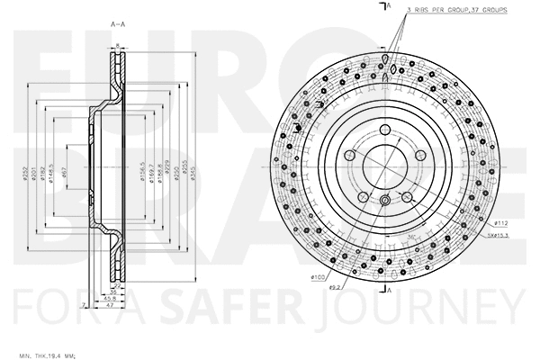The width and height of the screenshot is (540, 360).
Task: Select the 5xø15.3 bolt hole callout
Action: (x=499, y=237)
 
